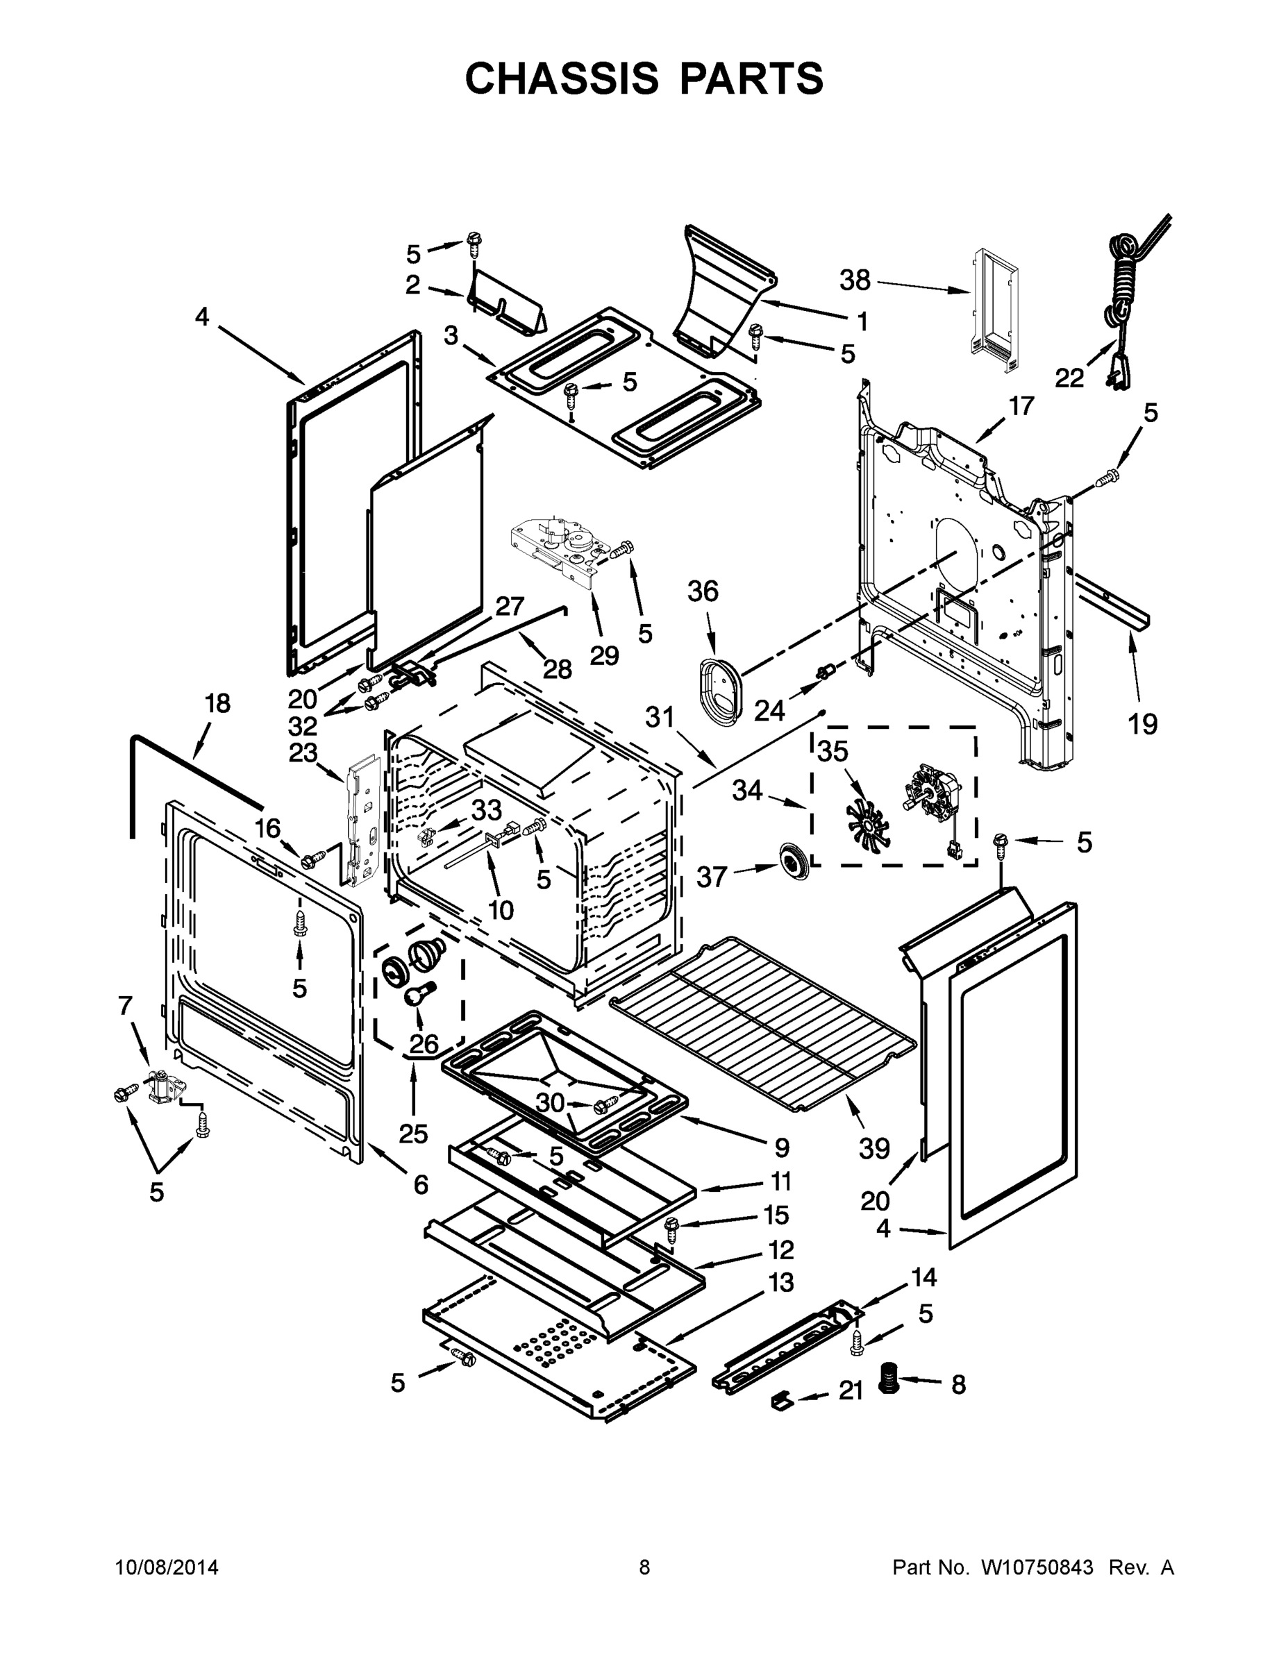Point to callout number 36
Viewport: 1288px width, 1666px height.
pos(703,591)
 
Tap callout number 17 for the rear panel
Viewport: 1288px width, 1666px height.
pos(1021,406)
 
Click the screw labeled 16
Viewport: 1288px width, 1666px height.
pos(310,861)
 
